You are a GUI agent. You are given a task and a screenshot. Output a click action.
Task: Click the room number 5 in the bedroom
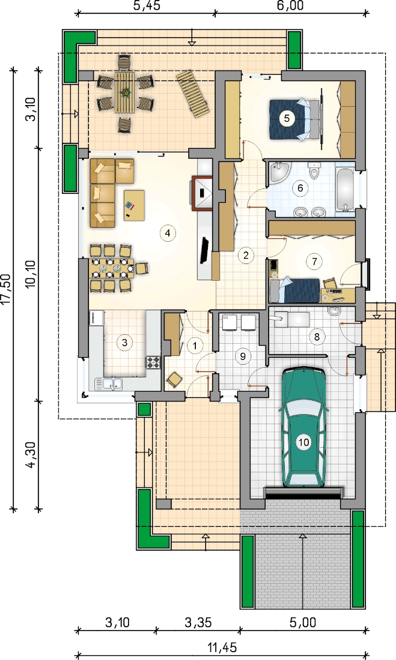tap(287, 118)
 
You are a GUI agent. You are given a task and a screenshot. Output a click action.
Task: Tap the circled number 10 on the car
tap(303, 442)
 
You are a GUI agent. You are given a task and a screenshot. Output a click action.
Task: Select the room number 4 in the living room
tap(168, 233)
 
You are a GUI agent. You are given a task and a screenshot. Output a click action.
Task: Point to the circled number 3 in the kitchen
tap(124, 343)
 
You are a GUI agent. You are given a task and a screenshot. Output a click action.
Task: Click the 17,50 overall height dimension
tap(7, 289)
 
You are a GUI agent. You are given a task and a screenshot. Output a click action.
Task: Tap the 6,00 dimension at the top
tap(290, 6)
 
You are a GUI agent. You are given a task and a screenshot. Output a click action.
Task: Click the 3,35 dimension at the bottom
tap(198, 622)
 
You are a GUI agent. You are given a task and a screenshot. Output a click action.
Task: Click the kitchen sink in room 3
tap(108, 383)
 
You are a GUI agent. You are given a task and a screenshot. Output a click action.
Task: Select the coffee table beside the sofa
tap(135, 205)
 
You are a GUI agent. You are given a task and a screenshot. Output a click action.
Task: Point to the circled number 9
tap(243, 356)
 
